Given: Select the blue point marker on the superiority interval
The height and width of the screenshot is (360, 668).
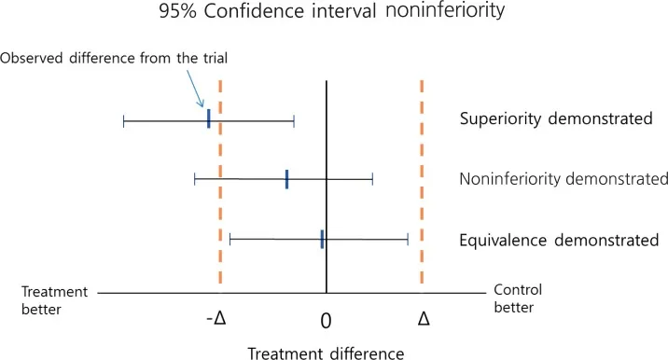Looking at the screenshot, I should click(208, 119).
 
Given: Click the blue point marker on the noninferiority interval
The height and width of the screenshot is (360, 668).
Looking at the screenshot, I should click(286, 179).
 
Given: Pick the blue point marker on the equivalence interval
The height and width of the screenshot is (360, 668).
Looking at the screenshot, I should click(322, 240).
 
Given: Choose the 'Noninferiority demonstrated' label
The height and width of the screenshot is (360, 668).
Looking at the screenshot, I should click(564, 179).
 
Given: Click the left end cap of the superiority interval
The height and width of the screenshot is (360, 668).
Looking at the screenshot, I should click(123, 120).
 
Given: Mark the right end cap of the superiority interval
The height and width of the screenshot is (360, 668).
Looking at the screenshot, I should click(294, 120).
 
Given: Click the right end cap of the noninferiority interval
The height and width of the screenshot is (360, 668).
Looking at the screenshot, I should click(372, 179).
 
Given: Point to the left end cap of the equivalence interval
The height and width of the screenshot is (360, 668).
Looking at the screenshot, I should click(230, 240).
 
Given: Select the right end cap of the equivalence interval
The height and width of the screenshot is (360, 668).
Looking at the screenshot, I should click(408, 240).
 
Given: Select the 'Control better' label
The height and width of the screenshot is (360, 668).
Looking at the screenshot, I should click(517, 298).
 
